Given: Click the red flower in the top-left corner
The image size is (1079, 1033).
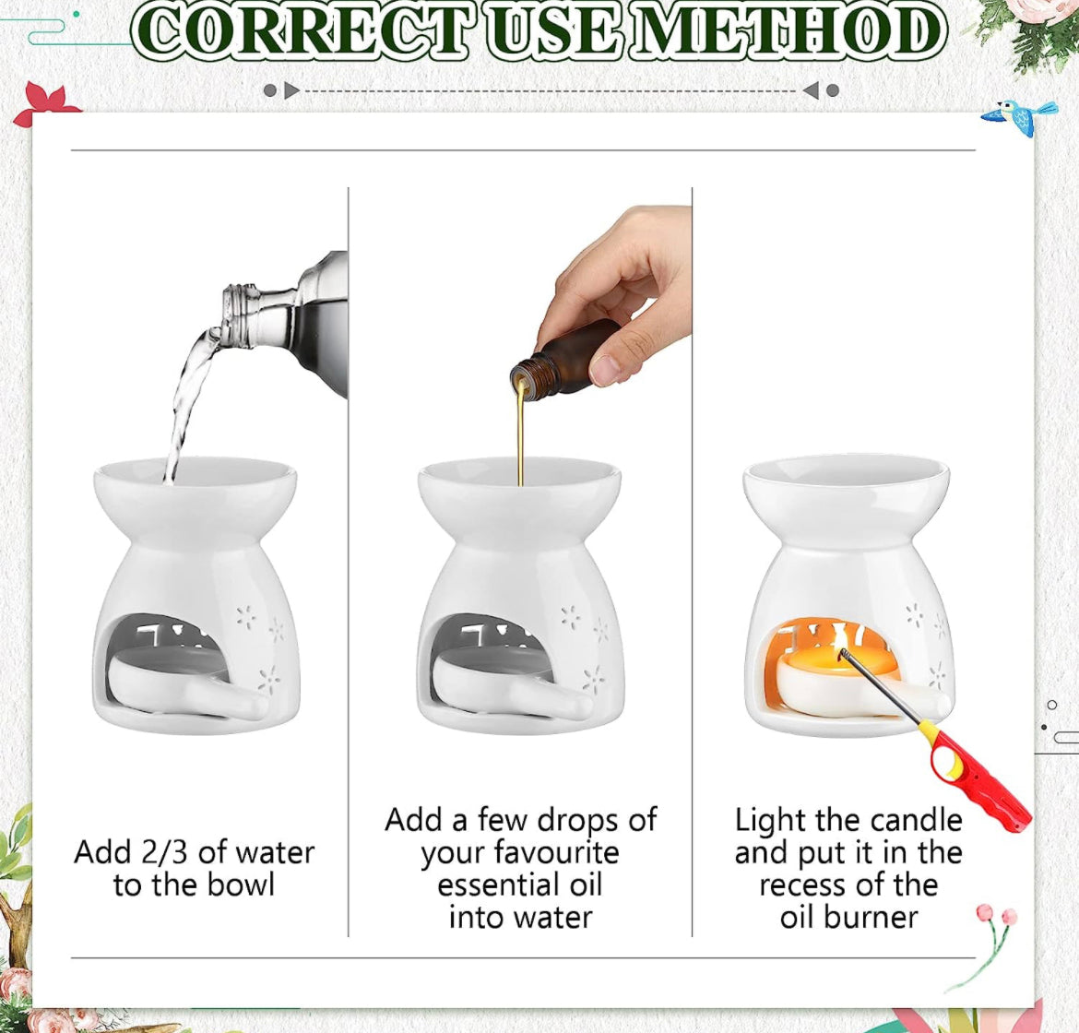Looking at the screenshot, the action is click(x=45, y=103).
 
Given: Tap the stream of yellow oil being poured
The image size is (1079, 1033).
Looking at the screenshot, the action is click(x=520, y=433).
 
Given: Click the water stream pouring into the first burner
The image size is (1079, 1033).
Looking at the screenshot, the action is click(x=185, y=406).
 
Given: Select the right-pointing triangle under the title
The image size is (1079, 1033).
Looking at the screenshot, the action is click(x=291, y=90).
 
